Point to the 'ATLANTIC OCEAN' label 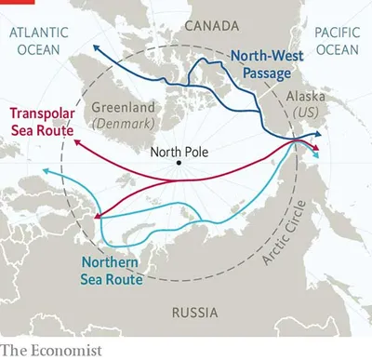pyautogui.click(x=41, y=41)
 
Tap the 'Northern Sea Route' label pyautogui.click(x=111, y=271)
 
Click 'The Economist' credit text pyautogui.click(x=51, y=350)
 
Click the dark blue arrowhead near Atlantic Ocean pyautogui.click(x=95, y=44)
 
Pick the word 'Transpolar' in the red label pyautogui.click(x=41, y=113)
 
